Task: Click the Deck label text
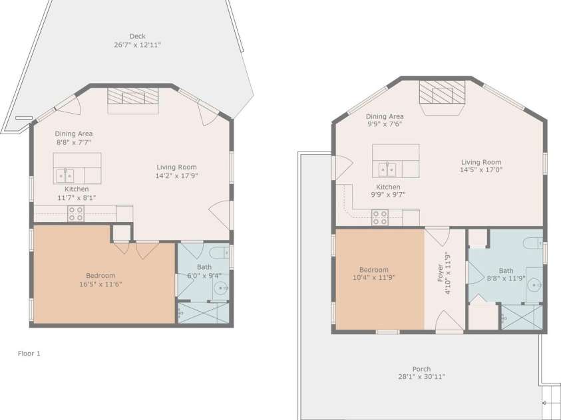coord(137,37)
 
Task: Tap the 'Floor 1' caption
coord(29,354)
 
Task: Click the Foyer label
coord(440,273)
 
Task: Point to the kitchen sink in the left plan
coord(65,176)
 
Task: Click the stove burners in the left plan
coord(75,213)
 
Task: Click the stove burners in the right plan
coord(380,217)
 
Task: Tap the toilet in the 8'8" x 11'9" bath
coord(533,243)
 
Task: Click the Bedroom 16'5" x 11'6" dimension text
coord(100,284)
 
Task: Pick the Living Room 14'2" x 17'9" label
coord(177,176)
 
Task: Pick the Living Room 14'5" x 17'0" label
coord(481,169)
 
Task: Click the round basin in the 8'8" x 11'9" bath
coord(533,284)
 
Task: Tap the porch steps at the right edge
coord(550,398)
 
